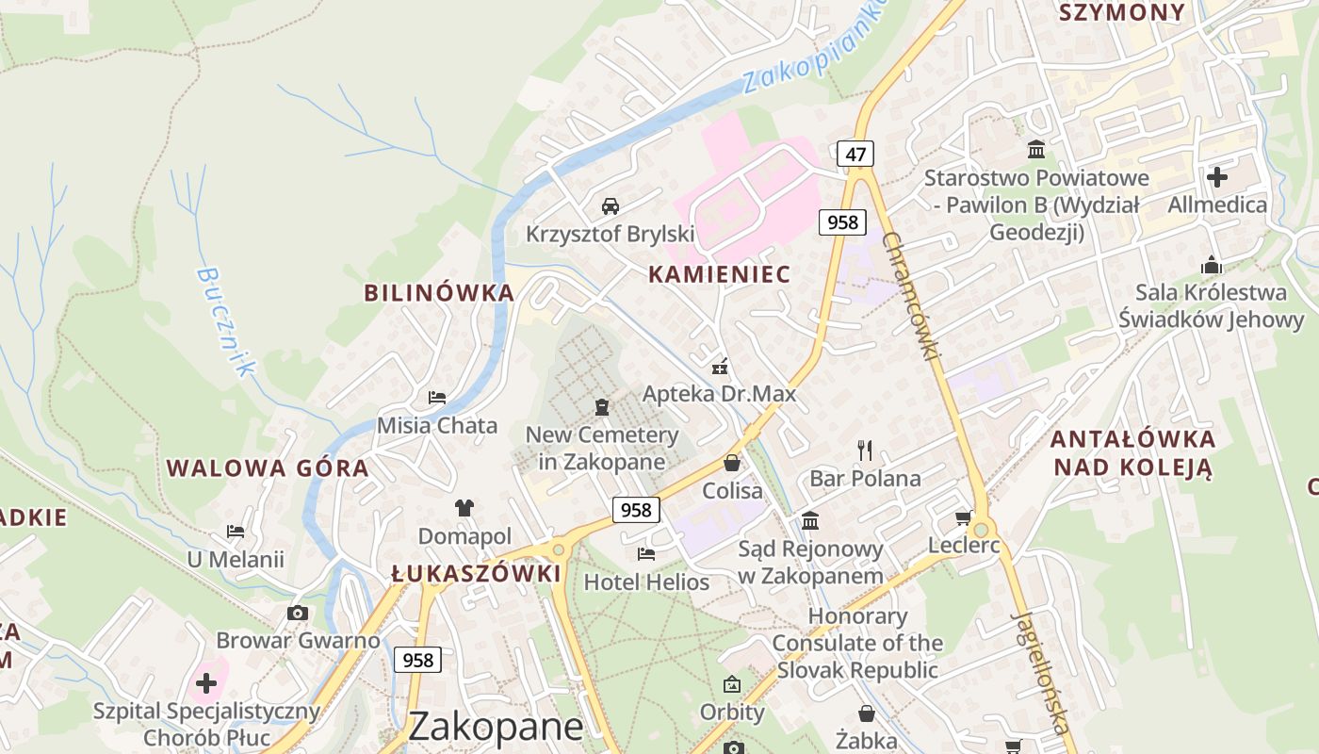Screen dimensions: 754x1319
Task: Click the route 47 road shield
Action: click(x=855, y=154)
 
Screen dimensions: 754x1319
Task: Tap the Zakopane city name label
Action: click(x=497, y=727)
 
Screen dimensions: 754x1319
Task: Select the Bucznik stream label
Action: click(x=225, y=321)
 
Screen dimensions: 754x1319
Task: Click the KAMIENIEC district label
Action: click(x=719, y=274)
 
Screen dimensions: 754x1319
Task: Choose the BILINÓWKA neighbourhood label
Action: click(x=439, y=293)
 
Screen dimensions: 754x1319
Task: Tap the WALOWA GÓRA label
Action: click(x=268, y=468)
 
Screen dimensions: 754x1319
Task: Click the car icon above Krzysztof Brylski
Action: click(x=611, y=205)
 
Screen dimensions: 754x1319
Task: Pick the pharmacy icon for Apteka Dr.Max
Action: click(x=720, y=367)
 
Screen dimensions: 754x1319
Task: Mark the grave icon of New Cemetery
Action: click(x=602, y=407)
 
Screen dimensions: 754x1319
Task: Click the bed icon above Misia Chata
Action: click(x=437, y=398)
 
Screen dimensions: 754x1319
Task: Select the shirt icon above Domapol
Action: click(x=464, y=509)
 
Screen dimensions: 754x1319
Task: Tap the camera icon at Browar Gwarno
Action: click(x=298, y=614)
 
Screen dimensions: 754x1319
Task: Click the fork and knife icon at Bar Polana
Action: click(x=865, y=450)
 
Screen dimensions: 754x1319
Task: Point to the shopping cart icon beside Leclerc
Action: click(x=964, y=517)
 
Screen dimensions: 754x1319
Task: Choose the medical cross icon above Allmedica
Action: click(x=1217, y=176)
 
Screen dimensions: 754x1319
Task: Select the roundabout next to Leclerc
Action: click(x=981, y=530)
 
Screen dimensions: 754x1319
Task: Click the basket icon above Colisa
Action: click(x=732, y=463)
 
